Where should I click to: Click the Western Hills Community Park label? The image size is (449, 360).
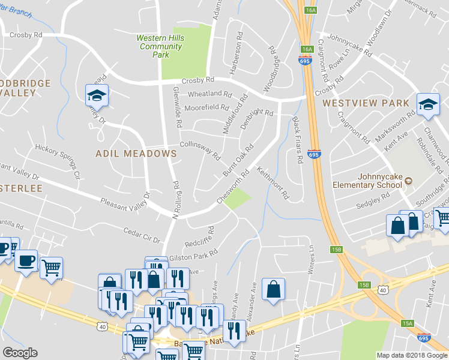tap(160, 46)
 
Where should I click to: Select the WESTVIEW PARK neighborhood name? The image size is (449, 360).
tap(366, 103)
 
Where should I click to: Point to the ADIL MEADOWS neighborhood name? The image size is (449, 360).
tap(136, 154)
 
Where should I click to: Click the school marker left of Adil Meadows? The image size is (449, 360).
tap(96, 96)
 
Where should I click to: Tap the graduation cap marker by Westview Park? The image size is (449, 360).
tap(428, 104)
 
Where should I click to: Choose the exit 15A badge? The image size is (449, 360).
tap(408, 323)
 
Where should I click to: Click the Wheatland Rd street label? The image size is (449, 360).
tap(209, 94)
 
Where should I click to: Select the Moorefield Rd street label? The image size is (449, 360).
tap(206, 108)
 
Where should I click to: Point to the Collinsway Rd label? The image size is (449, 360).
tap(200, 149)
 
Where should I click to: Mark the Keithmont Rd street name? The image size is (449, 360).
tap(273, 184)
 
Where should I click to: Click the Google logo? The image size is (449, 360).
tap(20, 353)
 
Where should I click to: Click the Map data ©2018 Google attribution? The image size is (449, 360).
tap(412, 355)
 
